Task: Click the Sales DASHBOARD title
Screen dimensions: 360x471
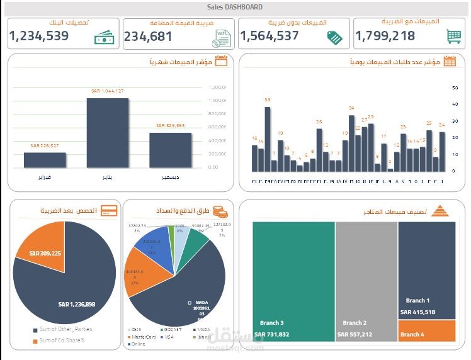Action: point(235,7)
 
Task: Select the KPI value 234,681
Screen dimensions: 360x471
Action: point(148,37)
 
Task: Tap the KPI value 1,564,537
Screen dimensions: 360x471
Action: point(270,37)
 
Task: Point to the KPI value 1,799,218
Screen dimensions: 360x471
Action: point(385,37)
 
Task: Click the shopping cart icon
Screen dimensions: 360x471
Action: point(453,37)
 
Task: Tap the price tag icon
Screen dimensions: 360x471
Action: point(336,37)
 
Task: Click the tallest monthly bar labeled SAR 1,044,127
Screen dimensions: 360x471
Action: point(107,133)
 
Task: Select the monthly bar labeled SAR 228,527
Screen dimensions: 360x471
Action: point(45,160)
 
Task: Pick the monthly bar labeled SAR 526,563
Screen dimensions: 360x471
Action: point(170,150)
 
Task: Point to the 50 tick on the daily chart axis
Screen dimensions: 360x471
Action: point(455,87)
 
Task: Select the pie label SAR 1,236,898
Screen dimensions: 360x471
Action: point(76,305)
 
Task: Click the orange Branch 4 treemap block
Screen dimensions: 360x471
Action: point(426,332)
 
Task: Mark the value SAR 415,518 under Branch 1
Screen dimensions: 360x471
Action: point(417,312)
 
